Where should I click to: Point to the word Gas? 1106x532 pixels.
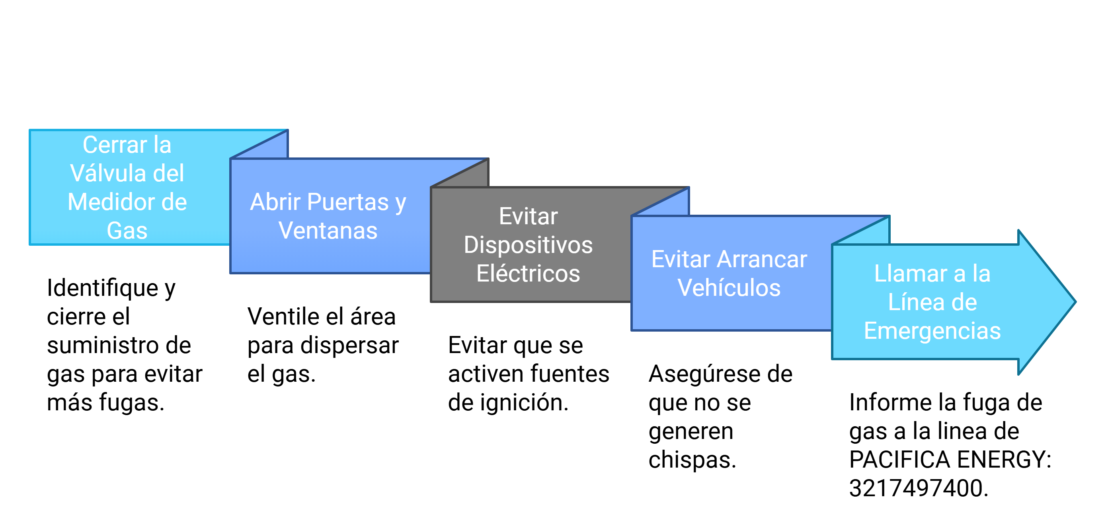point(127,231)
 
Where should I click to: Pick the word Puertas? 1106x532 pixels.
point(348,202)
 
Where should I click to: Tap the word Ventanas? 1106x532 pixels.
point(328,231)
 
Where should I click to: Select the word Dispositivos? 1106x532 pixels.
point(528,245)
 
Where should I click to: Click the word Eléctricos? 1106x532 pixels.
point(528,274)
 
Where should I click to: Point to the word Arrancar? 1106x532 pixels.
point(762,260)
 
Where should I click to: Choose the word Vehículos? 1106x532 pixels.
point(729,288)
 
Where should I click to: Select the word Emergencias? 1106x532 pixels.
point(932,331)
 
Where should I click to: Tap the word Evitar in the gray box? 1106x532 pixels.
point(528,216)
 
